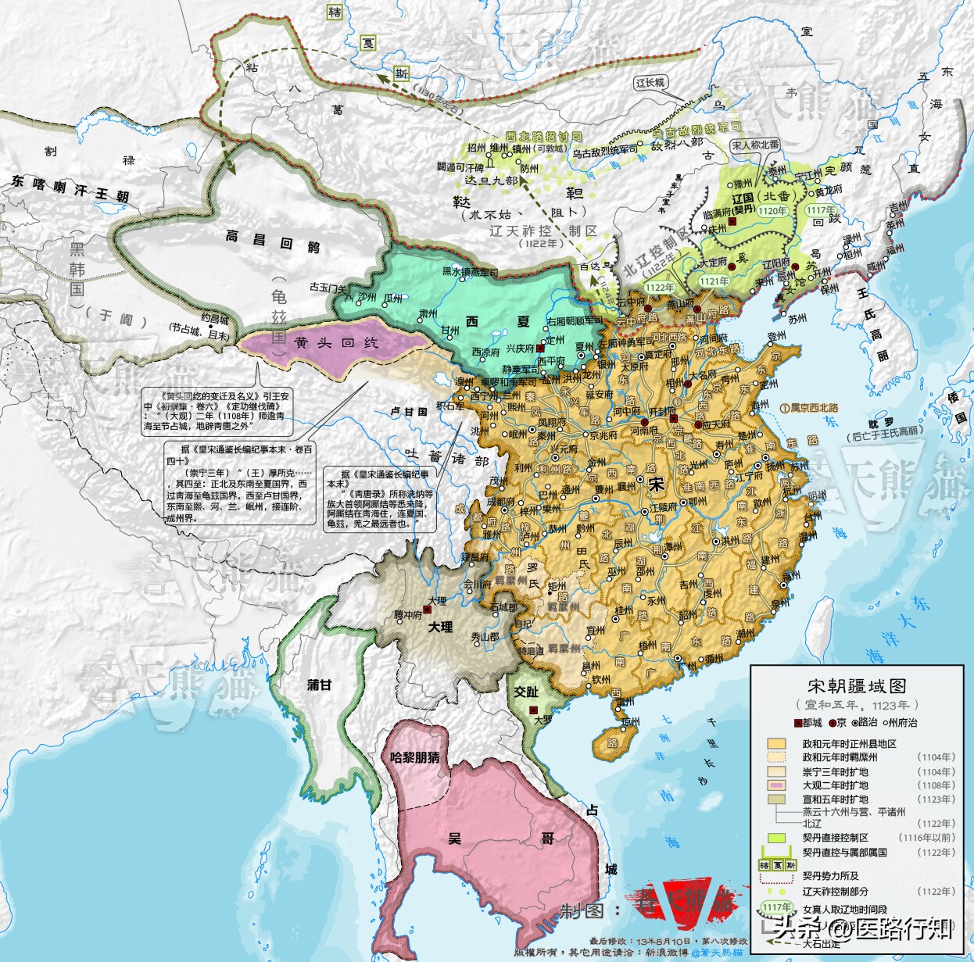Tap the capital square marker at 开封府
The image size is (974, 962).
671,420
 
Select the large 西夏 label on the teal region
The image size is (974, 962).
497,321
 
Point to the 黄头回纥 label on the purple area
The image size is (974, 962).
325,342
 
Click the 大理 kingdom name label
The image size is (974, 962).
440,627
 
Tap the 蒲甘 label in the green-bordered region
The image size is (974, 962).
319,685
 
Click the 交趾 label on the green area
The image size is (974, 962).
526,692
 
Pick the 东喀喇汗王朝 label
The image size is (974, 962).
70,188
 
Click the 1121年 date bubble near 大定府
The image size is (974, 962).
714,281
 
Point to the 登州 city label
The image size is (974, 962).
776,337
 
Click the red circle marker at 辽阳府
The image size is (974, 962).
794,267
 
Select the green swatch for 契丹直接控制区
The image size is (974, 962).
775,837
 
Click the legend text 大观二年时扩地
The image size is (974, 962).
835,785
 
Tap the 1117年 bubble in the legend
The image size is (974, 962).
775,907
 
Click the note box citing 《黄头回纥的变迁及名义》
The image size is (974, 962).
217,411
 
